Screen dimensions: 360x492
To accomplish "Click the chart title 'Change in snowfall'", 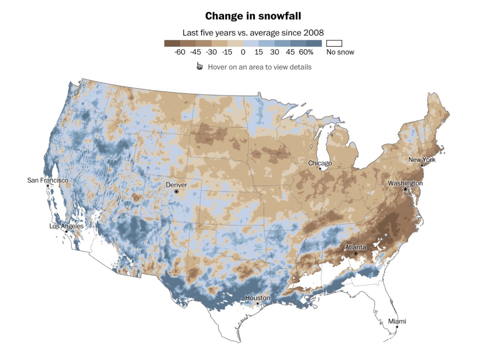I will click(x=253, y=16).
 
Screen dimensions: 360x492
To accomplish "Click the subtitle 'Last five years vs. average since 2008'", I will click(x=253, y=33).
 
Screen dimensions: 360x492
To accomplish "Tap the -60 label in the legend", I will click(x=180, y=52).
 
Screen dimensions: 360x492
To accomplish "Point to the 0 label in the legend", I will click(x=243, y=52).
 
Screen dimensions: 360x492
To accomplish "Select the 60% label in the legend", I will click(x=306, y=52).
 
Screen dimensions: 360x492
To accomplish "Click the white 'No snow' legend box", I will click(x=334, y=43).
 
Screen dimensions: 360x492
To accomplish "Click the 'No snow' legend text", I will click(x=340, y=52).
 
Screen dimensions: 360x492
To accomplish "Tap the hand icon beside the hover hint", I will click(x=200, y=66).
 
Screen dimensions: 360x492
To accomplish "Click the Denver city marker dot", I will click(x=177, y=191).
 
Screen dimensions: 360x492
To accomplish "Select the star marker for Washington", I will click(x=405, y=189).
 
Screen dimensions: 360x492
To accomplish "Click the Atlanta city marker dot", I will click(x=356, y=254).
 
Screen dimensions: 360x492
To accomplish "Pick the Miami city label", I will click(x=397, y=321).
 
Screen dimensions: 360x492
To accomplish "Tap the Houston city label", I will click(x=257, y=298).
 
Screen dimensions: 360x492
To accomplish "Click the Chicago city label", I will click(x=320, y=163).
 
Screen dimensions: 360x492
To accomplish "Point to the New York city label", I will click(x=421, y=160).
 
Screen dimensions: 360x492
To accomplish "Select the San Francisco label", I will click(x=48, y=180).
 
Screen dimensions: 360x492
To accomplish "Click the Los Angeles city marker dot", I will click(x=66, y=231).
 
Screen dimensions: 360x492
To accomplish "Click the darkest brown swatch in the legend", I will click(x=172, y=43).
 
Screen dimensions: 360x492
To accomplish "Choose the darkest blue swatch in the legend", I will click(x=314, y=43).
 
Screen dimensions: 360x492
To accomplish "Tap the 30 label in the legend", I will click(x=274, y=52).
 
